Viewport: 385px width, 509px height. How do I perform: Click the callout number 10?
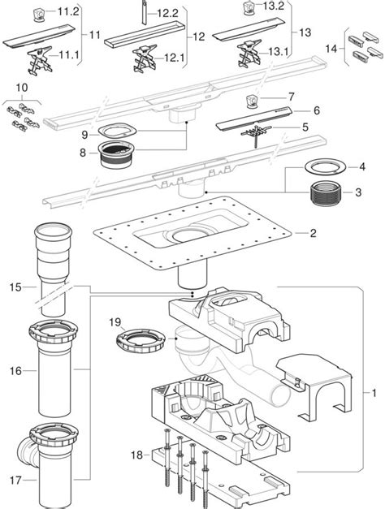point(21,86)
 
